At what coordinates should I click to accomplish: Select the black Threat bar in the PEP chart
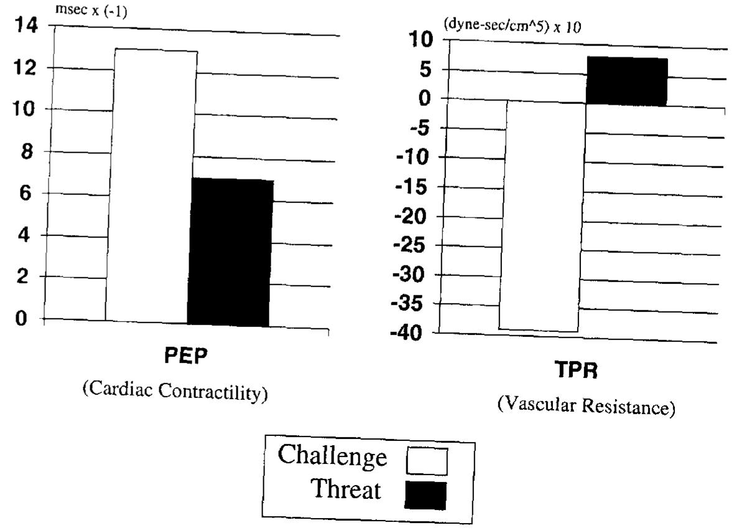(230, 252)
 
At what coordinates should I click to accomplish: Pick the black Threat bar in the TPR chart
(627, 81)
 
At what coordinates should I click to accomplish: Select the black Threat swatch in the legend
(425, 495)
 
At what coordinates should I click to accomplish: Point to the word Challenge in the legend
(332, 457)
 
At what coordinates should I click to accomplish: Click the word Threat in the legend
(346, 489)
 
